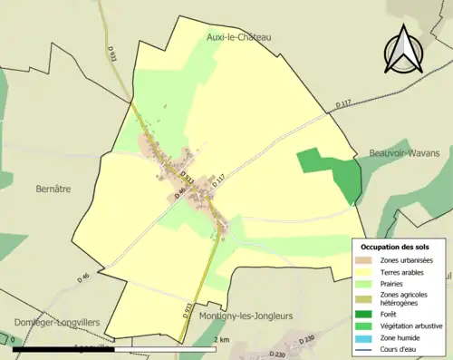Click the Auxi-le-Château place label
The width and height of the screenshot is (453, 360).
[x=239, y=37]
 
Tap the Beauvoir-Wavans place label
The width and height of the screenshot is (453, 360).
[x=403, y=153]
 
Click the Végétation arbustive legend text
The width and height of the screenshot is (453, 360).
[x=412, y=326]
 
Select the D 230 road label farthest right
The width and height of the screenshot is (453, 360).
[x=307, y=338]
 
